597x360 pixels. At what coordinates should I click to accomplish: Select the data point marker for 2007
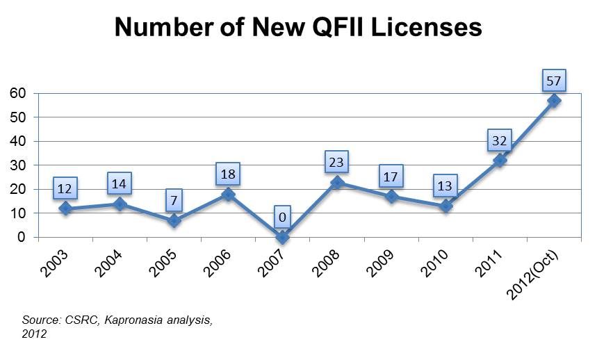(282, 237)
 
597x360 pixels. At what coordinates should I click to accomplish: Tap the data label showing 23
(336, 162)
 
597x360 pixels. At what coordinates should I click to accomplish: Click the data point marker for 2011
(499, 161)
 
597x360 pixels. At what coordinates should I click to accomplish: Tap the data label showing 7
(174, 199)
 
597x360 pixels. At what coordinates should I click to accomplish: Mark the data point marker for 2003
(65, 208)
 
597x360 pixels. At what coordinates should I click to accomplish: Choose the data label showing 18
(228, 173)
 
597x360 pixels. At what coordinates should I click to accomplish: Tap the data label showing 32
(499, 140)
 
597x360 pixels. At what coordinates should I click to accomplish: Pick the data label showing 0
(282, 216)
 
